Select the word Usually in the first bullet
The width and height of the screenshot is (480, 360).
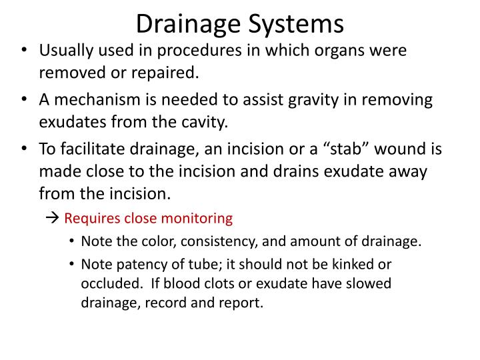[x=65, y=51]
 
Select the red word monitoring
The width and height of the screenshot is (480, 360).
[x=199, y=218]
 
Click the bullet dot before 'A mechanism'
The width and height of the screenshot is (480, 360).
[x=25, y=101]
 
